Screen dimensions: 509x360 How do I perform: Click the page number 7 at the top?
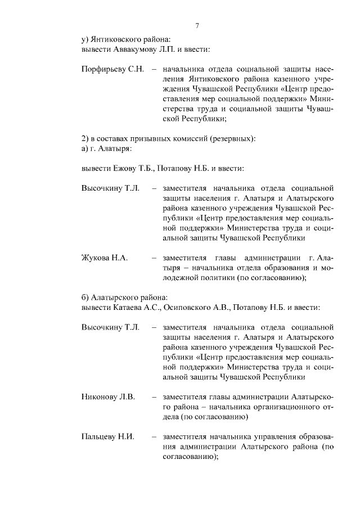[x=197, y=26]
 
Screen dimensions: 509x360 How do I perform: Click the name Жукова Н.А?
[x=105, y=258]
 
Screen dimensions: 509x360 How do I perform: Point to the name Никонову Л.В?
[x=108, y=397]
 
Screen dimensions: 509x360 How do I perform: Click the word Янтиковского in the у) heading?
[x=118, y=39]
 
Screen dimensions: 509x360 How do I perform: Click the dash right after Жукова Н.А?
[x=154, y=258]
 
